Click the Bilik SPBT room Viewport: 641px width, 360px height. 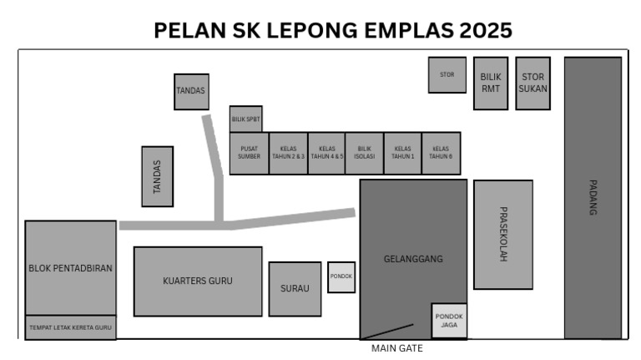pos(245,119)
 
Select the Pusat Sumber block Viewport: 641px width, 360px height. pos(249,154)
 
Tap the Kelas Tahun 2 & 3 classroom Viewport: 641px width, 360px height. pos(288,154)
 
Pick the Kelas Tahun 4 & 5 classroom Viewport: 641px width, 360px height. pos(326,154)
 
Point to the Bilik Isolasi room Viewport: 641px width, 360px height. pos(364,154)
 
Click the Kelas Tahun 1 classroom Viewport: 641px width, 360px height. pos(402,154)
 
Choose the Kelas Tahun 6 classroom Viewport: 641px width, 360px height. pos(441,154)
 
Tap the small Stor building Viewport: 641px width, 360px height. pos(447,75)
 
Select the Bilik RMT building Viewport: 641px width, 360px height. pos(491,83)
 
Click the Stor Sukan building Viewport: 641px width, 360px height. pos(532,83)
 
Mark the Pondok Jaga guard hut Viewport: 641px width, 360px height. pos(449,321)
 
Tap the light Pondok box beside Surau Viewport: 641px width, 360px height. pos(341,277)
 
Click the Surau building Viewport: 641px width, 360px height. pos(295,289)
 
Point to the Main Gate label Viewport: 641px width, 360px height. pos(397,348)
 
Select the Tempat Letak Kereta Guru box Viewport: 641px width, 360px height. pos(70,327)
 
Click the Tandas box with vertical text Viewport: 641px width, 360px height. pos(158,176)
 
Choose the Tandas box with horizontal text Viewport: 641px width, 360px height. pos(191,92)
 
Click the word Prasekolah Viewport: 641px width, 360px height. pos(503,234)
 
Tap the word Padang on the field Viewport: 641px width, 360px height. pos(593,198)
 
